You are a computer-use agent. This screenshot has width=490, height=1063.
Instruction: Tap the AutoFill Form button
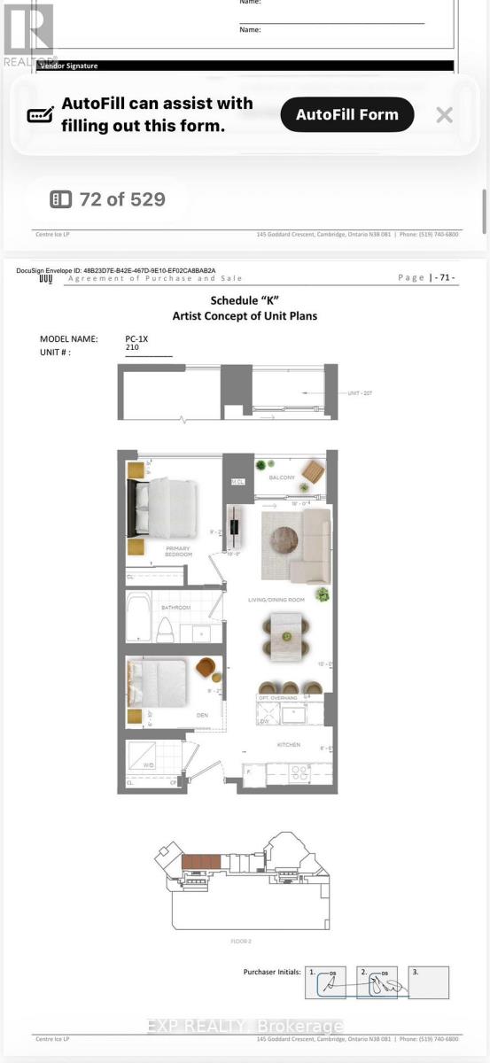pos(347,114)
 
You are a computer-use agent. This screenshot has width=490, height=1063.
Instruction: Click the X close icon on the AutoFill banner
pos(445,114)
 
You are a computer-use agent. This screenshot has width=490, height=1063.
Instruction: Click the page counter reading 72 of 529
pos(109,199)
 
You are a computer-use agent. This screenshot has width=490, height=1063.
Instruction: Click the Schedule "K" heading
pos(245,301)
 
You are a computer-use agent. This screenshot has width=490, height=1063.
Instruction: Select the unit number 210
pos(133,349)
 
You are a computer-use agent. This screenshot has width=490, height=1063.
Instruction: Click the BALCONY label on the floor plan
pos(284,477)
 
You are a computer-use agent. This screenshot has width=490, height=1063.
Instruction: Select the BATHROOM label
pos(175,608)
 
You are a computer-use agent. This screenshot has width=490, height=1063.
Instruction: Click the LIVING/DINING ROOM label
pos(276,600)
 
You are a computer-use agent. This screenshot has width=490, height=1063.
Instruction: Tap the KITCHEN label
pos(289,744)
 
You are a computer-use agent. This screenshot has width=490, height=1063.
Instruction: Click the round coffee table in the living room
pos(285,540)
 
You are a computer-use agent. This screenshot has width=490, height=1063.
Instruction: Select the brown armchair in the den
pos(206,668)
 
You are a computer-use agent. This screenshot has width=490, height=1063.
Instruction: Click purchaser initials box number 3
pos(429,982)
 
